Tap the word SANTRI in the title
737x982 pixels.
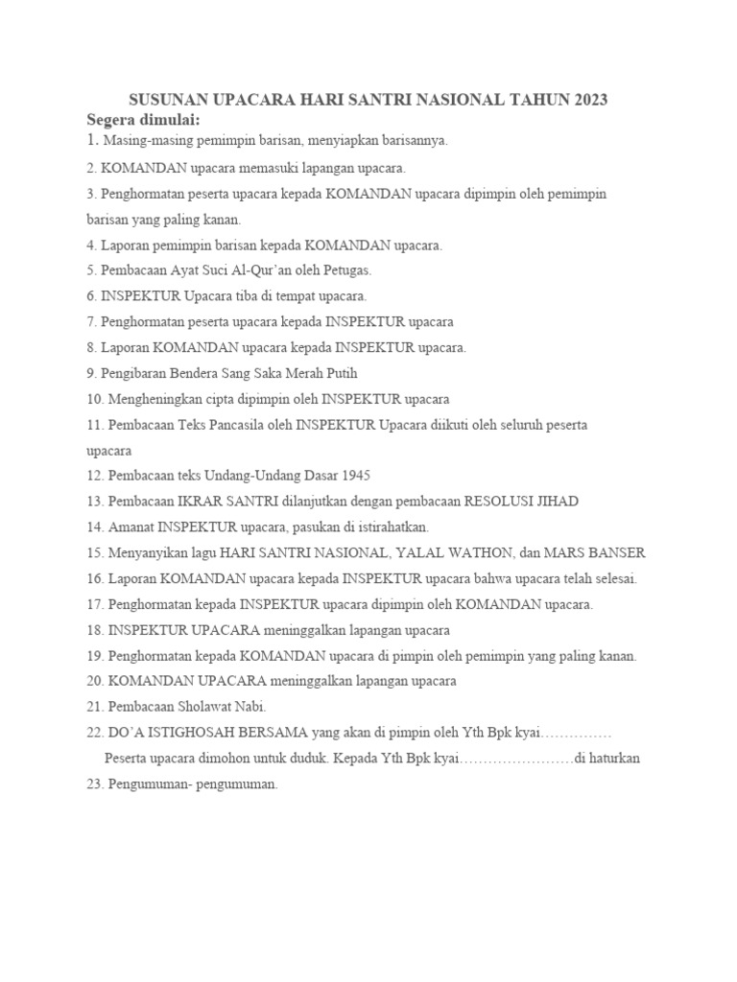pos(362,100)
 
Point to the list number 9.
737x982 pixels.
pos(91,373)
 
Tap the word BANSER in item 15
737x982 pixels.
pos(618,552)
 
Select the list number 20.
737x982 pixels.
pos(95,681)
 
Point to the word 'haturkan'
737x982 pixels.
pos(614,758)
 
